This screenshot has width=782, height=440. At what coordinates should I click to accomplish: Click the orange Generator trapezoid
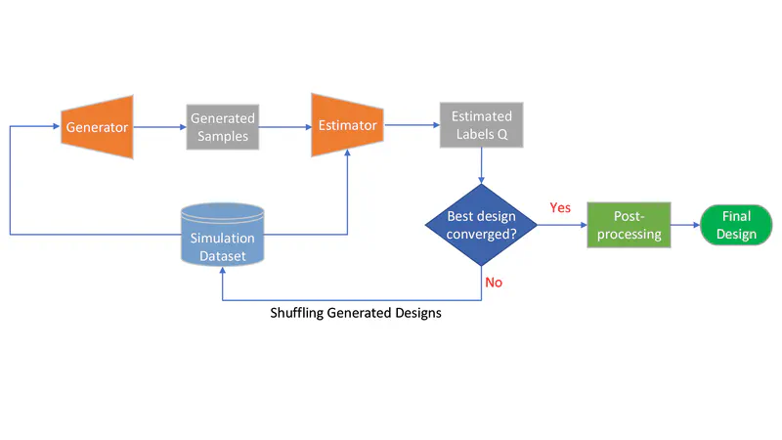click(97, 126)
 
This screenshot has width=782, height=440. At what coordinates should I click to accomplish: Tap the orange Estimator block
click(344, 125)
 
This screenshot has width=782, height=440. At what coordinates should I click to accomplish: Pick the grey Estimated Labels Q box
click(480, 126)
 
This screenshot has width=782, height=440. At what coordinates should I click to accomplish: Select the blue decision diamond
click(482, 225)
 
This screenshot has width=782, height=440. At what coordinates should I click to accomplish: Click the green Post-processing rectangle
click(629, 226)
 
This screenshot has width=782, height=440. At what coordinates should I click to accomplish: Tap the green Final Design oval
click(736, 226)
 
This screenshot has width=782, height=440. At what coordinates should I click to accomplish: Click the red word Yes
click(560, 208)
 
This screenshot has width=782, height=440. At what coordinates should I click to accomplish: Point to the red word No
click(495, 282)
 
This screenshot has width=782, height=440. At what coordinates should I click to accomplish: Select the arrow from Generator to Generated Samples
click(158, 126)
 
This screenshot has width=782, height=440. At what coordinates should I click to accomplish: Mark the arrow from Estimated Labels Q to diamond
click(482, 166)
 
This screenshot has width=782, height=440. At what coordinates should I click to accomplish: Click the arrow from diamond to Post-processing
click(562, 226)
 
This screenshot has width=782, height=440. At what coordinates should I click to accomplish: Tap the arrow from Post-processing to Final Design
click(685, 226)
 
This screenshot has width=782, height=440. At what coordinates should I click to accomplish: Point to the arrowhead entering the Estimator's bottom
click(347, 162)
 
